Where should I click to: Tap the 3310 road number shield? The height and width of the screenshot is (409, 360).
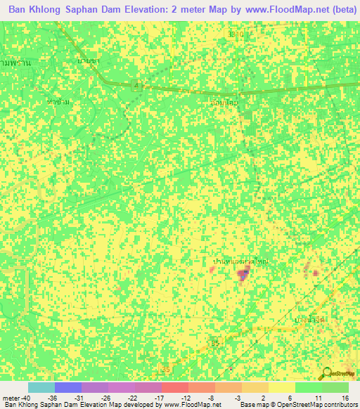[238, 33]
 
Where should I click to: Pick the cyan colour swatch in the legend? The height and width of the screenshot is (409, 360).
[41, 387]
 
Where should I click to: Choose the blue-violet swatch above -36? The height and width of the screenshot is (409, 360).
[67, 387]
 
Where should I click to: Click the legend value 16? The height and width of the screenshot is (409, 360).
[345, 397]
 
